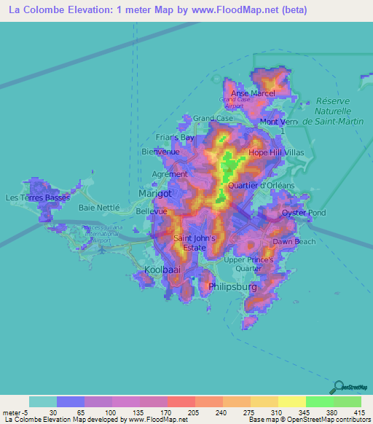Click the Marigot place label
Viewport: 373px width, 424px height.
click(x=155, y=194)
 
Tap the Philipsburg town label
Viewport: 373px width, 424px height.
click(x=233, y=287)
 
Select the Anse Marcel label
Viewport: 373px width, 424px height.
click(x=253, y=94)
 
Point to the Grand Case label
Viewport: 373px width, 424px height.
click(x=213, y=118)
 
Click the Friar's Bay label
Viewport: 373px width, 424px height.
click(x=176, y=137)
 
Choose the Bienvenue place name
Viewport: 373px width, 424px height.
click(x=160, y=152)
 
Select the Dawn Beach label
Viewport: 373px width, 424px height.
click(x=294, y=241)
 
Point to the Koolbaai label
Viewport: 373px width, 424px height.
click(x=162, y=270)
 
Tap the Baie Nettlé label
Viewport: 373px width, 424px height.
click(x=98, y=208)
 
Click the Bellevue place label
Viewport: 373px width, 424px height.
click(x=152, y=211)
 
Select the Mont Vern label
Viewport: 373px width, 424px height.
click(x=279, y=122)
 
